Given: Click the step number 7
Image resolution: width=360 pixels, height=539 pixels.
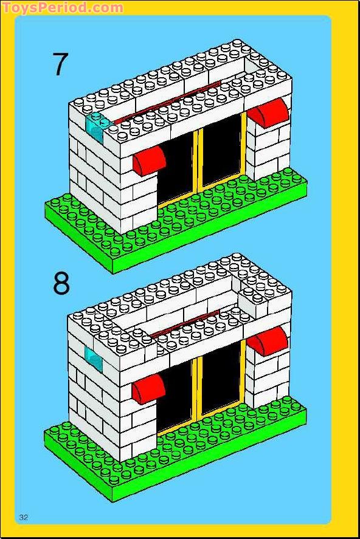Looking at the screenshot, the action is (x=61, y=64).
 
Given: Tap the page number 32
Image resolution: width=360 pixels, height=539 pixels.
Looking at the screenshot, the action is (x=24, y=517).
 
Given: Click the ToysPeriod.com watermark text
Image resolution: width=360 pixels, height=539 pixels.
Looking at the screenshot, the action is (x=62, y=7).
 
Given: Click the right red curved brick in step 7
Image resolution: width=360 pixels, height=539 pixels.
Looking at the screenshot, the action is (x=269, y=113).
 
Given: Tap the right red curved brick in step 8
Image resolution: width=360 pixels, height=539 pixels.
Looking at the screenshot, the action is (x=268, y=341).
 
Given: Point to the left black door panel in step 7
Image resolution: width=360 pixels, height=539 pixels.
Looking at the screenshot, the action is (x=175, y=168).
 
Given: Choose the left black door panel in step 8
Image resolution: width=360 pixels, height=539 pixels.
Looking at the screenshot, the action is (x=175, y=396).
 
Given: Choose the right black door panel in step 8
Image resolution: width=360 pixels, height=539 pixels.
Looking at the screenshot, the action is (x=221, y=377).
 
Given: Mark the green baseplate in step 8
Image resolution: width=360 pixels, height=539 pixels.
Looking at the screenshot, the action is (x=175, y=450).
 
